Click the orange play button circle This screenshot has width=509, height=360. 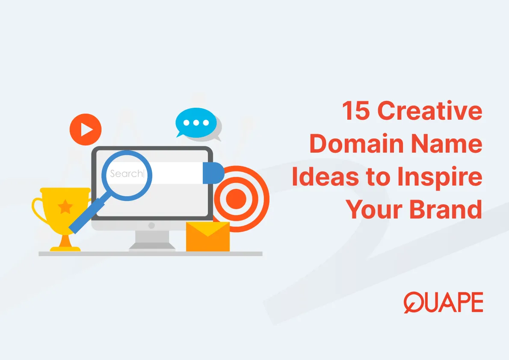[x=86, y=129]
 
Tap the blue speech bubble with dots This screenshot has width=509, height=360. [x=196, y=122]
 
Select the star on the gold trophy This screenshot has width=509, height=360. [x=65, y=207]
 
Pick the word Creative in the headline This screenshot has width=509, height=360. [x=430, y=112]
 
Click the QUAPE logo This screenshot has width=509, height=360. [x=443, y=303]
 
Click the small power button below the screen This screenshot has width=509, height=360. [x=151, y=225]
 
